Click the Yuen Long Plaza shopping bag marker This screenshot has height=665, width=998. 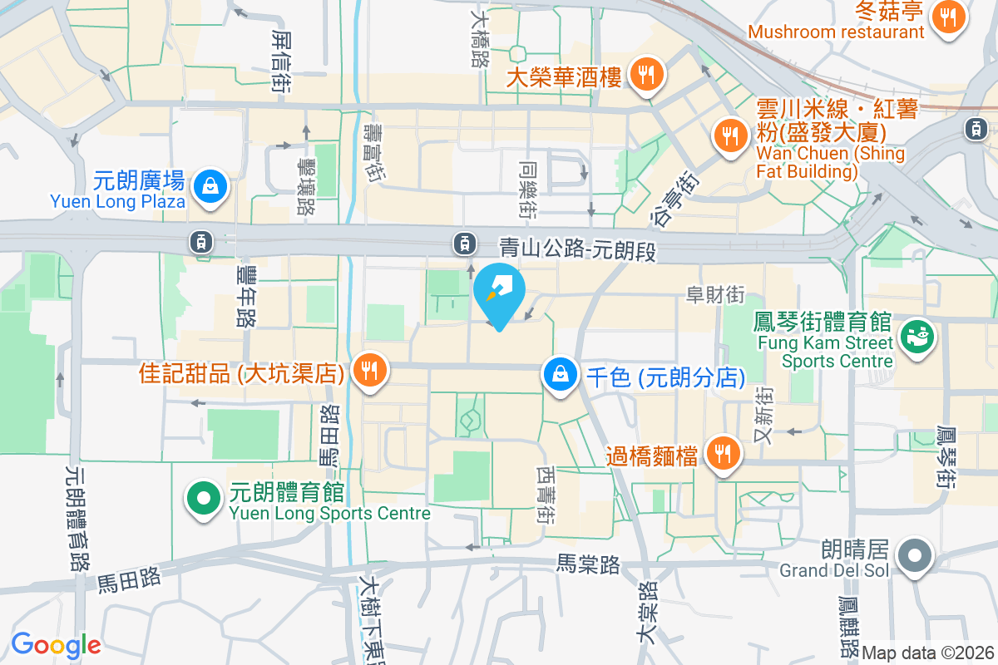click(205, 185)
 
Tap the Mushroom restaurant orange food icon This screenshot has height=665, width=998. click(947, 16)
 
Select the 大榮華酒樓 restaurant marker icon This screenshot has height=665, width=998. click(645, 75)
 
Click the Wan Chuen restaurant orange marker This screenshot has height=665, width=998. click(730, 135)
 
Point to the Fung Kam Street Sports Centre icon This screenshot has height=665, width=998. click(916, 337)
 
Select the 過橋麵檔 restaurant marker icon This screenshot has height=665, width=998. click(720, 453)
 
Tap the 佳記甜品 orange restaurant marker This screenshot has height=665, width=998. click(367, 370)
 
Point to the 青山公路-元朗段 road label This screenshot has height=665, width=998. click(578, 248)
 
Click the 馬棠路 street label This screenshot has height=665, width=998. click(588, 565)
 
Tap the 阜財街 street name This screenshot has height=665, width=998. click(714, 294)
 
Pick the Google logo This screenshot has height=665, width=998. click(56, 644)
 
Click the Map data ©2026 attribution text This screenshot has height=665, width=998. click(928, 653)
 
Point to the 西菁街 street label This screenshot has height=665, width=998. click(546, 494)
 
